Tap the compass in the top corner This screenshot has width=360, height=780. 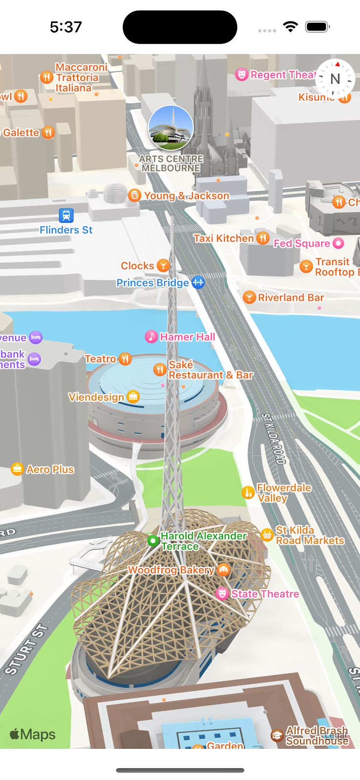point(335,78)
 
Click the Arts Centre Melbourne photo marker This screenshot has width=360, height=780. point(171,128)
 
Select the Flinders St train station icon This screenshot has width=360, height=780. point(66,215)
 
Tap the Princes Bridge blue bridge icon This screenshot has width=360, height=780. point(198,282)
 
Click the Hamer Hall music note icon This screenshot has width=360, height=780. point(151,336)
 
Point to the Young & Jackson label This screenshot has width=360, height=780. point(186,196)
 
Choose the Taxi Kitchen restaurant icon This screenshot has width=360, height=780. point(263,238)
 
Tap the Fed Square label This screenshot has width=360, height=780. point(301,243)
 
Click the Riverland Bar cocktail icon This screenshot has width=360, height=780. point(249,297)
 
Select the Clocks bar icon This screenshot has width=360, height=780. point(163,266)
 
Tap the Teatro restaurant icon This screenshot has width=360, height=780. point(125,359)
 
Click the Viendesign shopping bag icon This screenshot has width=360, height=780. point(133,397)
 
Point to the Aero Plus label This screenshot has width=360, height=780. point(50,469)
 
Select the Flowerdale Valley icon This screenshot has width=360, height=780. point(248,492)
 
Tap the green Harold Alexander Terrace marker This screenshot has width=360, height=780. point(153,541)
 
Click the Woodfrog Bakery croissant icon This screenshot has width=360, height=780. point(223,569)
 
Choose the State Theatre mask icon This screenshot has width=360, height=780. point(222,593)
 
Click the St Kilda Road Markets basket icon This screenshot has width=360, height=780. point(267,535)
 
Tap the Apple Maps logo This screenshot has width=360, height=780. point(33,734)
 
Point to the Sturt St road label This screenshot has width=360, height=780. point(27,649)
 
